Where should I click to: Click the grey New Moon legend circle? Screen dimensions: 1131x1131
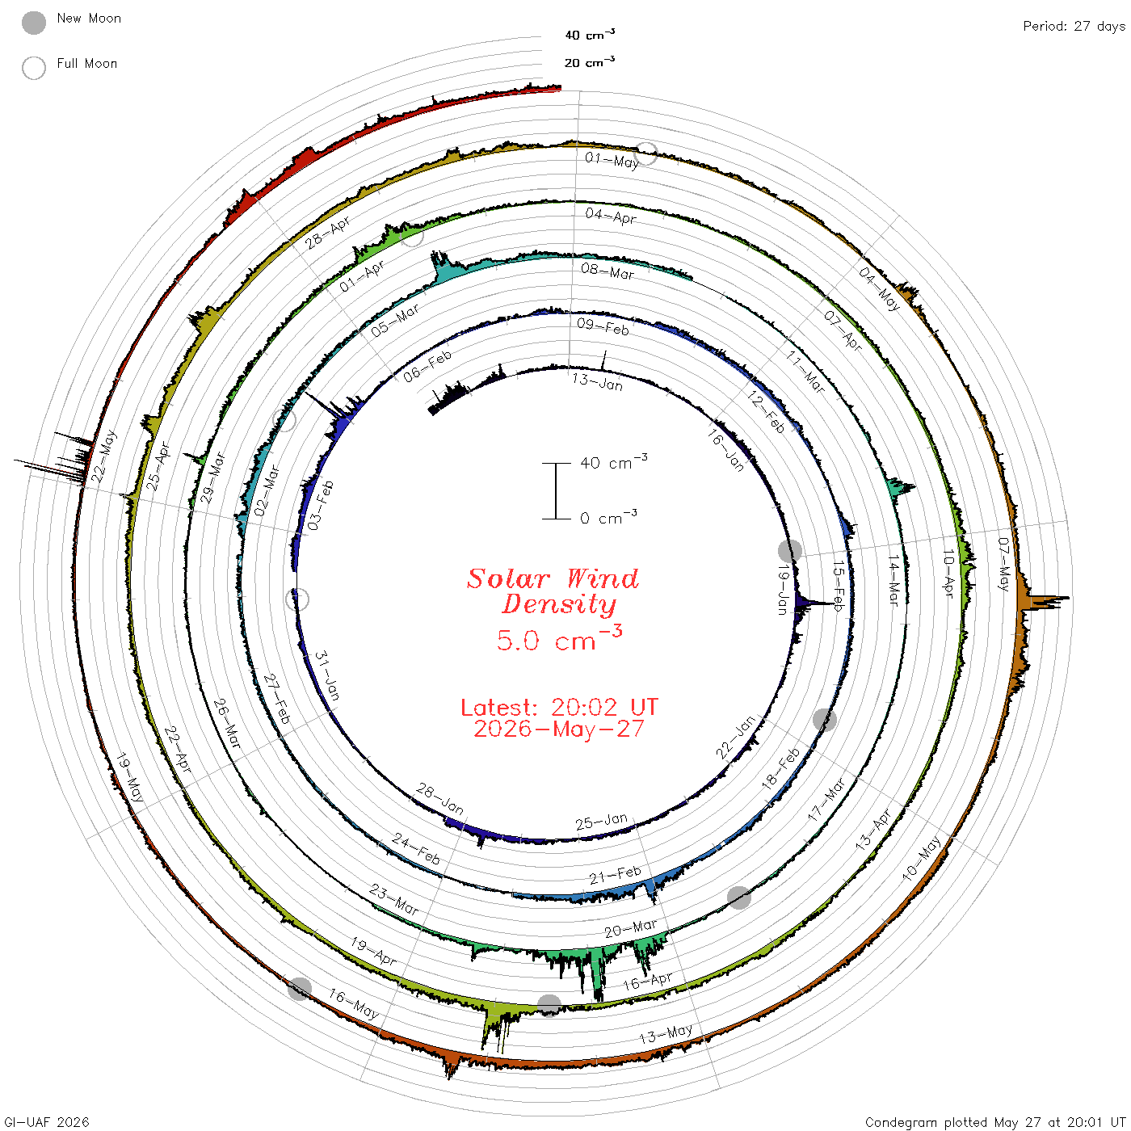pyautogui.click(x=33, y=23)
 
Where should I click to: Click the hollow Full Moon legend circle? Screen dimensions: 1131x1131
pyautogui.click(x=33, y=68)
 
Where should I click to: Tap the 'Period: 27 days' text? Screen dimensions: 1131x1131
pyautogui.click(x=1074, y=27)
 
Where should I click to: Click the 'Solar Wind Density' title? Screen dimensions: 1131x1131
pyautogui.click(x=553, y=591)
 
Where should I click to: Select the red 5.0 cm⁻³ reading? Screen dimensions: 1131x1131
pyautogui.click(x=559, y=638)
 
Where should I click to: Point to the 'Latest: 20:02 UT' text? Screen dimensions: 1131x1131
pyautogui.click(x=559, y=707)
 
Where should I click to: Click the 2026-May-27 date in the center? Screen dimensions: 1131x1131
pyautogui.click(x=559, y=729)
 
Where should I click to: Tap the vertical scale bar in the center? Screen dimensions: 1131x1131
pyautogui.click(x=555, y=490)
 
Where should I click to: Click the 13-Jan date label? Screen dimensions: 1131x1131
pyautogui.click(x=597, y=381)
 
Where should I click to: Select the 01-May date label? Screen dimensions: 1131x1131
pyautogui.click(x=612, y=159)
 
